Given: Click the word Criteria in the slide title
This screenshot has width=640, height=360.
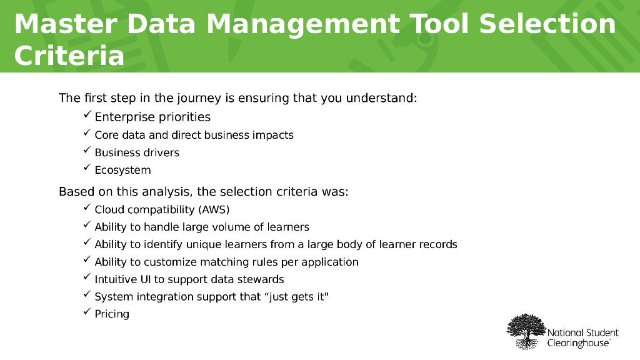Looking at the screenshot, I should click(x=69, y=55).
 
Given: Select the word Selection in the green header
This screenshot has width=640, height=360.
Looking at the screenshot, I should click(x=547, y=24).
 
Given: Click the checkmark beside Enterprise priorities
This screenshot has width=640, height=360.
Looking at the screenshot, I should click(x=87, y=116).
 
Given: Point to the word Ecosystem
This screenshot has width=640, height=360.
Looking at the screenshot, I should click(x=122, y=170).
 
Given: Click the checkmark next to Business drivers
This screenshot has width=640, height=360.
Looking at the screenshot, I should click(x=87, y=151).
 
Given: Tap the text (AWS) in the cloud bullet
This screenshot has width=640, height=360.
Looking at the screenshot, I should click(x=214, y=209).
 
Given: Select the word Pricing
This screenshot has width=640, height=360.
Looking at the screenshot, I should click(x=112, y=314).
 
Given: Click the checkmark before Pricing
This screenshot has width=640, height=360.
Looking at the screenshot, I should click(x=87, y=312).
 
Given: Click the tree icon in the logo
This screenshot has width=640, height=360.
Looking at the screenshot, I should click(x=526, y=331).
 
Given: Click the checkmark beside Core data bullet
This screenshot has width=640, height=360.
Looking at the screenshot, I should click(x=87, y=134).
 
